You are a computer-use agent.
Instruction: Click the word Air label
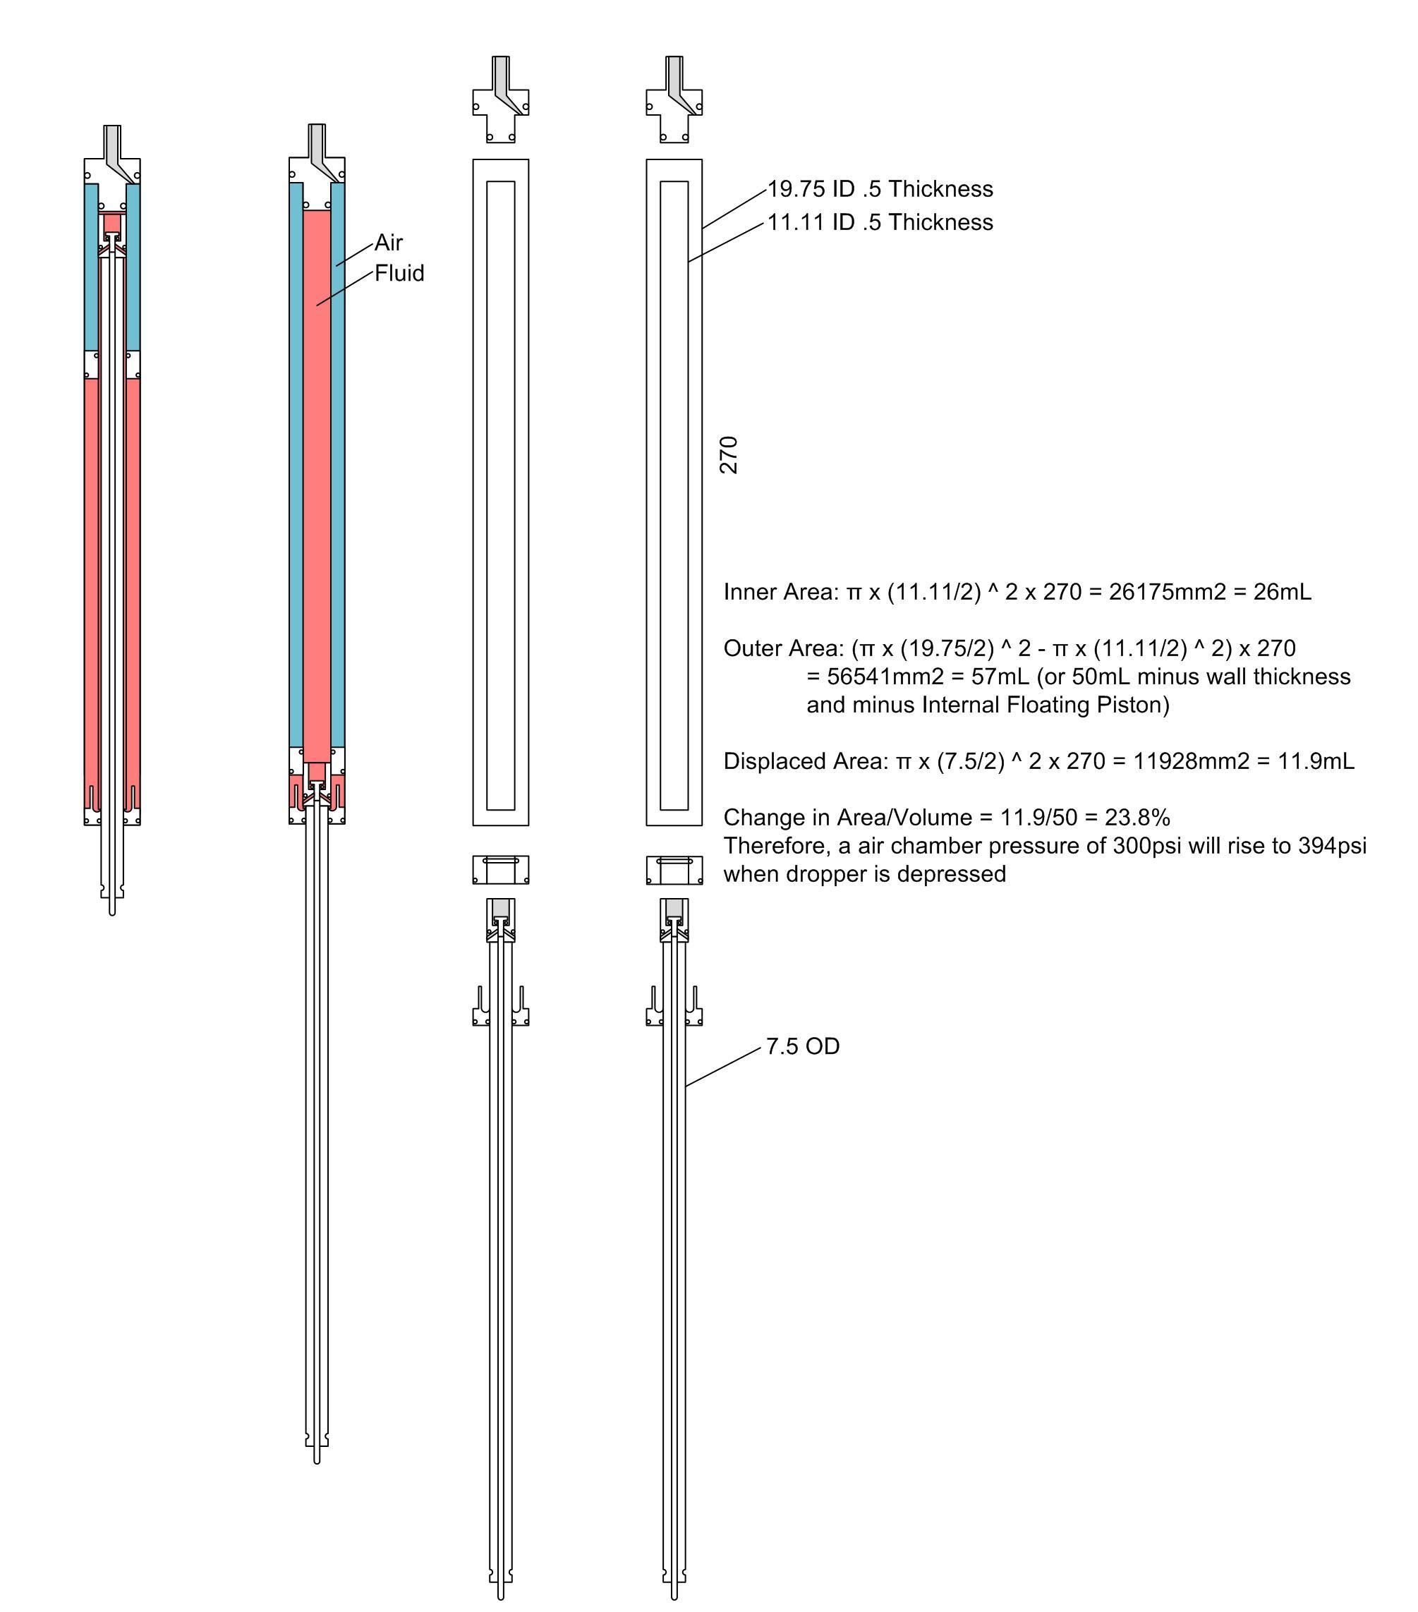coord(388,242)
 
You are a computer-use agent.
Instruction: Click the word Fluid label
coord(399,273)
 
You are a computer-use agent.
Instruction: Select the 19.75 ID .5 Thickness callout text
coord(880,189)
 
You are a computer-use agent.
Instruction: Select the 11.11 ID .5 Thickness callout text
coord(880,222)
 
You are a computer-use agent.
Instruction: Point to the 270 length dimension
coord(729,454)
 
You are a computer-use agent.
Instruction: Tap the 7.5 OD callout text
coord(803,1046)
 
